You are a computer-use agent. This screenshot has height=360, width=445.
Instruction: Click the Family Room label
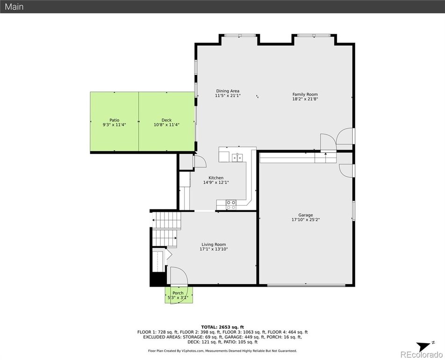pyautogui.click(x=305, y=94)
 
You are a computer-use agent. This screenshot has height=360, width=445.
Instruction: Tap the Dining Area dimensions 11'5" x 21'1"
pyautogui.click(x=228, y=96)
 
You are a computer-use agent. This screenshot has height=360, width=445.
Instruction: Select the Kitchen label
pyautogui.click(x=216, y=178)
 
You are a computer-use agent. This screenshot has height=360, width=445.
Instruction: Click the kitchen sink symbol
pyautogui.click(x=237, y=157)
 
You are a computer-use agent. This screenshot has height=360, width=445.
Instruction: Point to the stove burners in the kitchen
pyautogui.click(x=231, y=205)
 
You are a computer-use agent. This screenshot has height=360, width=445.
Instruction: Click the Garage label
pyautogui.click(x=306, y=215)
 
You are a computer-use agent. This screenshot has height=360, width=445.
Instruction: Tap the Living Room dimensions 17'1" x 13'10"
pyautogui.click(x=214, y=249)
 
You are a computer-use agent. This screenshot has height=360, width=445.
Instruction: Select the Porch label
pyautogui.click(x=178, y=293)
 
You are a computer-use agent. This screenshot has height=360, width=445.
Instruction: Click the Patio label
pyautogui.click(x=115, y=120)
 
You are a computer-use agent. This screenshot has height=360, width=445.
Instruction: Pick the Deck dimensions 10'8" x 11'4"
pyautogui.click(x=166, y=125)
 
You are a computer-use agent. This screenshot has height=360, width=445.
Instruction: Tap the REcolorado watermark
pyautogui.click(x=422, y=354)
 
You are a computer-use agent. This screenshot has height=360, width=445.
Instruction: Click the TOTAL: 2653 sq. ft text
pyautogui.click(x=222, y=327)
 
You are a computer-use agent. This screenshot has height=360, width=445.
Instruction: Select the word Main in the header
pyautogui.click(x=14, y=7)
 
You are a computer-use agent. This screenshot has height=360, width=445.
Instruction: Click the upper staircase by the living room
pyautogui.click(x=166, y=220)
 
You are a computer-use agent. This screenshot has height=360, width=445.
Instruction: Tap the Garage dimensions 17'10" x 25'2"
pyautogui.click(x=306, y=219)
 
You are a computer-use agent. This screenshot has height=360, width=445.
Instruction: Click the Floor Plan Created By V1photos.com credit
pyautogui.click(x=222, y=351)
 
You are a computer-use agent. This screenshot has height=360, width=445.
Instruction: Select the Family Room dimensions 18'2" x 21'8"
pyautogui.click(x=305, y=99)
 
